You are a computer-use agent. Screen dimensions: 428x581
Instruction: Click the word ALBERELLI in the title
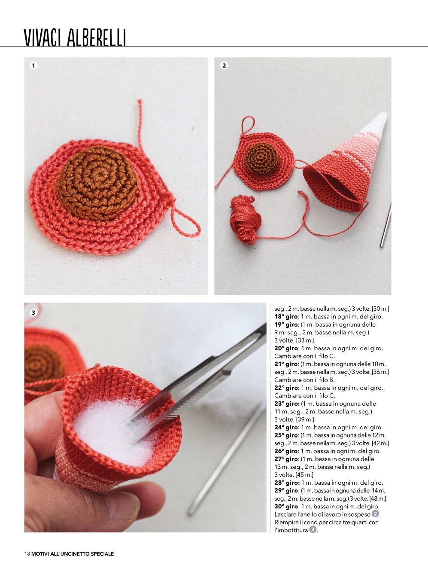tap(97, 38)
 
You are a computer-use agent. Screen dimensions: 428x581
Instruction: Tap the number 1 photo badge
tap(33, 66)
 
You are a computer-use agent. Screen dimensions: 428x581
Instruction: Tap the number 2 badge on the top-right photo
tap(224, 66)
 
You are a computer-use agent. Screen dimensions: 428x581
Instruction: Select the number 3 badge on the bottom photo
tap(33, 313)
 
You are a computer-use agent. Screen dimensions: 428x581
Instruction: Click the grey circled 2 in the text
tap(375, 514)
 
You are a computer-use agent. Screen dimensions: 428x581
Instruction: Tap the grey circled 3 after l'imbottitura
tap(313, 529)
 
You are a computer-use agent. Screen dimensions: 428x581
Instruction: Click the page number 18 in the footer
tap(27, 554)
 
